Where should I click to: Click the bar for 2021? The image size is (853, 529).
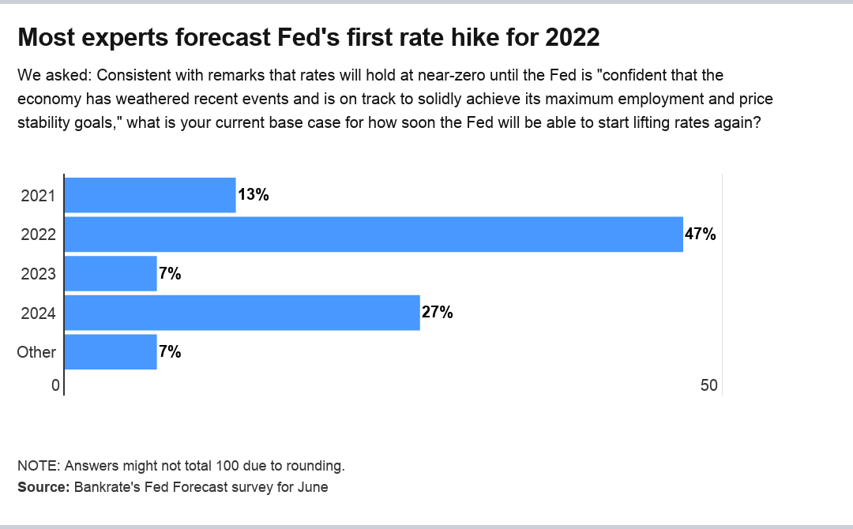[x=150, y=195]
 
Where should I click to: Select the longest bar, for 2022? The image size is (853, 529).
[x=373, y=234]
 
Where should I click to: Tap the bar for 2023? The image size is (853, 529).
[x=111, y=274]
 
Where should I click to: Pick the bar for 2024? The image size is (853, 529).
[x=242, y=313]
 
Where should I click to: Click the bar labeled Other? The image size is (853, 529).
[x=111, y=352]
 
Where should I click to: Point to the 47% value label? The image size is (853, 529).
[x=700, y=234]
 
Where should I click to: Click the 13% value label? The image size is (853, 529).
[x=254, y=195]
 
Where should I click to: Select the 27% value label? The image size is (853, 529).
[x=437, y=313]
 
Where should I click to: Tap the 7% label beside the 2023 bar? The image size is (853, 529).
[x=170, y=274]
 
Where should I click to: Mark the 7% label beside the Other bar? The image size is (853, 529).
[x=170, y=352]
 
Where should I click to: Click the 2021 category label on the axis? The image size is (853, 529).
[x=38, y=196]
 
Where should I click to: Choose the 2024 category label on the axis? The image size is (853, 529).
[x=38, y=313]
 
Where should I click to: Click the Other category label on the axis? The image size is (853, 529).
[x=36, y=352]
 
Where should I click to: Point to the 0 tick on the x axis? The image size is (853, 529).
[x=55, y=385]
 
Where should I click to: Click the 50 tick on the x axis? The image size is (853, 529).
[x=708, y=385]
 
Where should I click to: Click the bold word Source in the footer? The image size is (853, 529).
[x=43, y=487]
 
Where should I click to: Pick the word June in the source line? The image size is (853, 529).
[x=312, y=487]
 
